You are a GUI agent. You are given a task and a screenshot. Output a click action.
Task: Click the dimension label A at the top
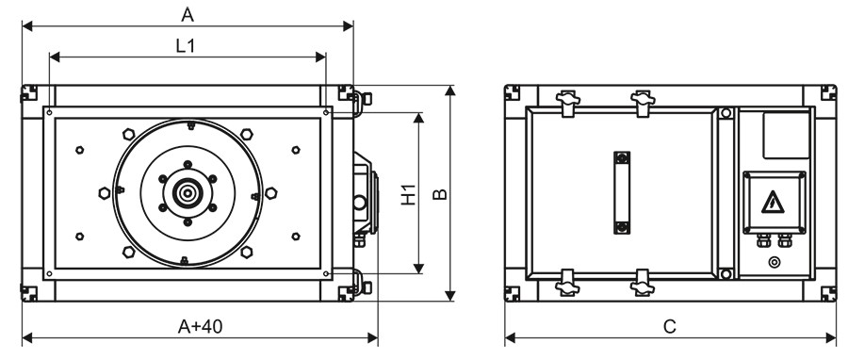[x=188, y=15]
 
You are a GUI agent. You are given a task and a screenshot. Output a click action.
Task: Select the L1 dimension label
[x=186, y=46]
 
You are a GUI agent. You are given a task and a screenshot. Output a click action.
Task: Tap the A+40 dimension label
[x=200, y=326]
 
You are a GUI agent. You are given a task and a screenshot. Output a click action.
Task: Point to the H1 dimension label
[x=409, y=194]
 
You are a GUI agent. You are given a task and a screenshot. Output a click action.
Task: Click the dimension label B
[x=440, y=194]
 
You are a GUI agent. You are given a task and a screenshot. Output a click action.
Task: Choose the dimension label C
[x=670, y=326]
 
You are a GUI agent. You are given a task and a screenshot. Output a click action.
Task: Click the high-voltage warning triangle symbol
[x=773, y=203]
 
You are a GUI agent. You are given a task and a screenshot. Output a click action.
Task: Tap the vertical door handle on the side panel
[x=622, y=192]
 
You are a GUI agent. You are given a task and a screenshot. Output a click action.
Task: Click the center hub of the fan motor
[x=188, y=192]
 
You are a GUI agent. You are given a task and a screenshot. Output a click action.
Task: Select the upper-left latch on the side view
[x=567, y=101]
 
